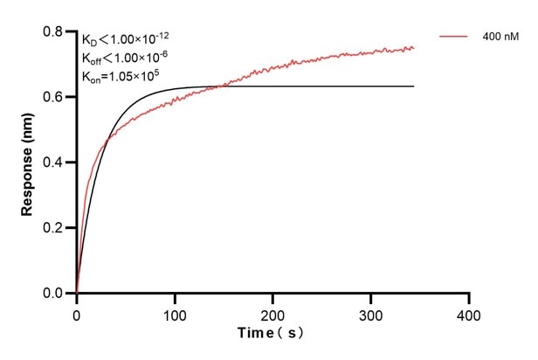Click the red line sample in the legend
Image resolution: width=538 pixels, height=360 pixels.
455,37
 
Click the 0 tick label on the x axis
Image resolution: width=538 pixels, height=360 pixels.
77,312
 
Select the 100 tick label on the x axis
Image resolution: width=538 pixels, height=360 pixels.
175,312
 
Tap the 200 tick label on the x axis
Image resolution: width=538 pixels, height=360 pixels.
273,312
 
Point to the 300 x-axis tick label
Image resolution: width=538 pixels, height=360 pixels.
371,312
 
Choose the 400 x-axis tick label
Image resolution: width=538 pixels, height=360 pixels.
469,312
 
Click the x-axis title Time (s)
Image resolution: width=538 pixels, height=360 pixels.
272,334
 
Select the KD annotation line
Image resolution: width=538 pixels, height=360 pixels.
126,39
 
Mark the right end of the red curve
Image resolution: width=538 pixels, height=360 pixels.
414,48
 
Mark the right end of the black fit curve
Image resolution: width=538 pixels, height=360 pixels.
414,87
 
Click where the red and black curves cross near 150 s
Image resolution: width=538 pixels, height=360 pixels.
223,86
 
